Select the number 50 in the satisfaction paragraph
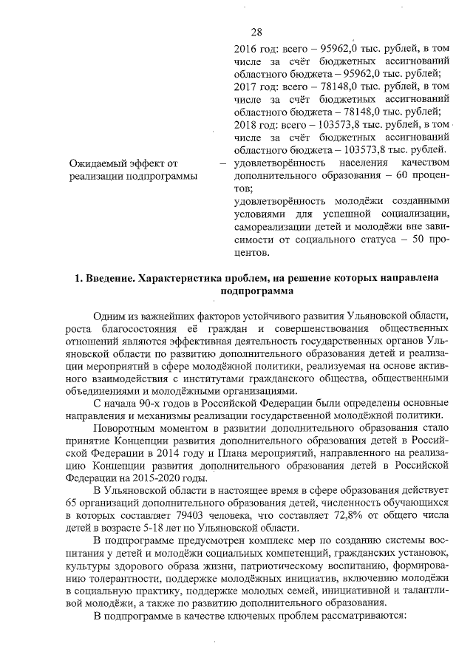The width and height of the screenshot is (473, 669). tap(409, 240)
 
